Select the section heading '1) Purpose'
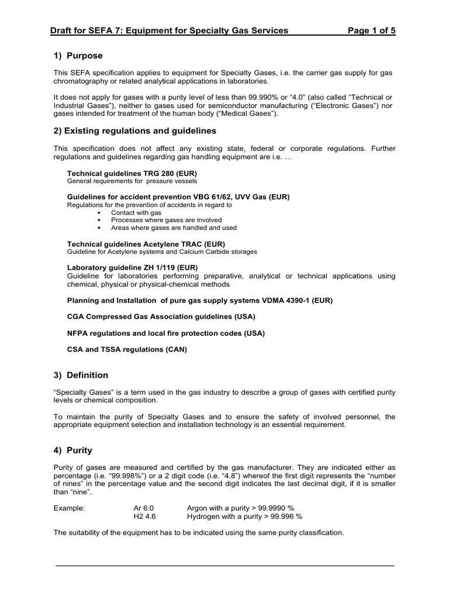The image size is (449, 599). point(78,56)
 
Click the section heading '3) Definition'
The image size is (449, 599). point(81,375)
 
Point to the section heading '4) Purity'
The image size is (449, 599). point(73,451)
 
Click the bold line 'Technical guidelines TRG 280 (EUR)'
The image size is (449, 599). point(132,174)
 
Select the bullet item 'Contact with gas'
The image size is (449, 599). point(136,213)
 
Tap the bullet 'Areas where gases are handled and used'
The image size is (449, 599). point(174,228)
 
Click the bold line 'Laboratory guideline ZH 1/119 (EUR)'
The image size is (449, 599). point(133,267)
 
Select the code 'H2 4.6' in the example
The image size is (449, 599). point(145,517)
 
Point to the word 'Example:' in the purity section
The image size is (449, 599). point(69,508)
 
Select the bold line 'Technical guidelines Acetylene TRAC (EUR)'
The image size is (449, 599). point(146,243)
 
